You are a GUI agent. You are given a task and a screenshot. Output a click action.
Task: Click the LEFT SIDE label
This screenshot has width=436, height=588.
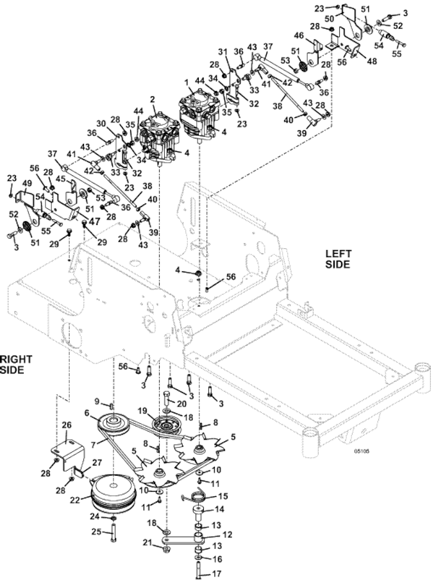click(337, 259)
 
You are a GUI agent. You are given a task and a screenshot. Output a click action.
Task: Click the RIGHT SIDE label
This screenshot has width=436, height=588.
click(16, 364)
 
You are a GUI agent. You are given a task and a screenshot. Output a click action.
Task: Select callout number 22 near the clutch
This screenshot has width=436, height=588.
click(76, 501)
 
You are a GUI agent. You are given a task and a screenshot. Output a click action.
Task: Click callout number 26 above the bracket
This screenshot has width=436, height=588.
click(66, 425)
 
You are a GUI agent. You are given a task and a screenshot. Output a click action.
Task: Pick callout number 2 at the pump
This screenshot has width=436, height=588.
click(152, 99)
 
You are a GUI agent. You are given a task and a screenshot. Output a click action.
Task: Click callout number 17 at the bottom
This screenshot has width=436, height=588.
click(217, 574)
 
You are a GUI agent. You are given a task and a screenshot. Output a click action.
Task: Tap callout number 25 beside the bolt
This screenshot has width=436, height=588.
click(97, 532)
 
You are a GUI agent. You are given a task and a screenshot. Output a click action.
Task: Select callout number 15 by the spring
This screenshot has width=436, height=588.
click(222, 497)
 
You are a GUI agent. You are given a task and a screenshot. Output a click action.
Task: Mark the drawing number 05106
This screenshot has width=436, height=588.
click(362, 451)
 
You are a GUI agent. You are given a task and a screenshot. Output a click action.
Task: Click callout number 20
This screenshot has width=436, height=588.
click(182, 403)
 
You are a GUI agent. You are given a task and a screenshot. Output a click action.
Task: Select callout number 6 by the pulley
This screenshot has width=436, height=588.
click(87, 412)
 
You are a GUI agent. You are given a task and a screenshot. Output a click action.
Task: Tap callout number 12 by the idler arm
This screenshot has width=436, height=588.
click(228, 534)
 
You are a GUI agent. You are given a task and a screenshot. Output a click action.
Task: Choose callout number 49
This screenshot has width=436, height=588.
click(28, 184)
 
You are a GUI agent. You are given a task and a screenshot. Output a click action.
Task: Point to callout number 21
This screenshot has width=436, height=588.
click(147, 542)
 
